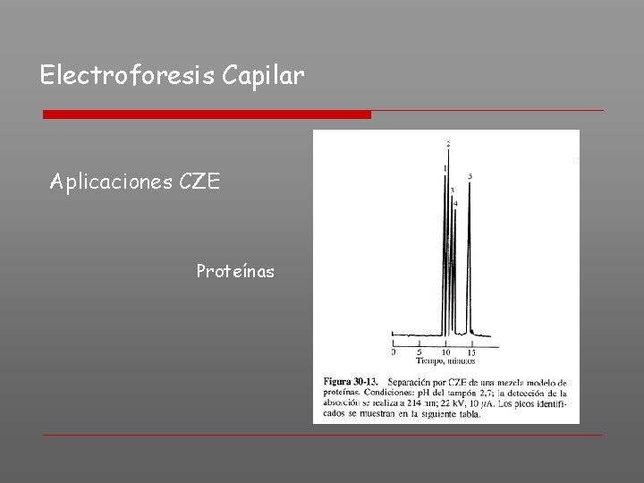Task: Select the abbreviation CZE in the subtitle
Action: click(199, 183)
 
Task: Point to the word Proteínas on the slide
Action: click(235, 269)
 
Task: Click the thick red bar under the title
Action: click(207, 114)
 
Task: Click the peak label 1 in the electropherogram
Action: click(444, 168)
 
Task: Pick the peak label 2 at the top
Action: click(448, 143)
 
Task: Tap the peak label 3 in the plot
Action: click(453, 190)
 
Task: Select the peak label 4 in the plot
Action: click(456, 204)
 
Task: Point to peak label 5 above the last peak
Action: click(470, 176)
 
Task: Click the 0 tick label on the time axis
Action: click(394, 352)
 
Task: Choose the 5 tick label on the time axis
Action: click(419, 352)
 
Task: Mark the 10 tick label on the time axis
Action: click(445, 352)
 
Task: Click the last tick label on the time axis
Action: click(471, 352)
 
